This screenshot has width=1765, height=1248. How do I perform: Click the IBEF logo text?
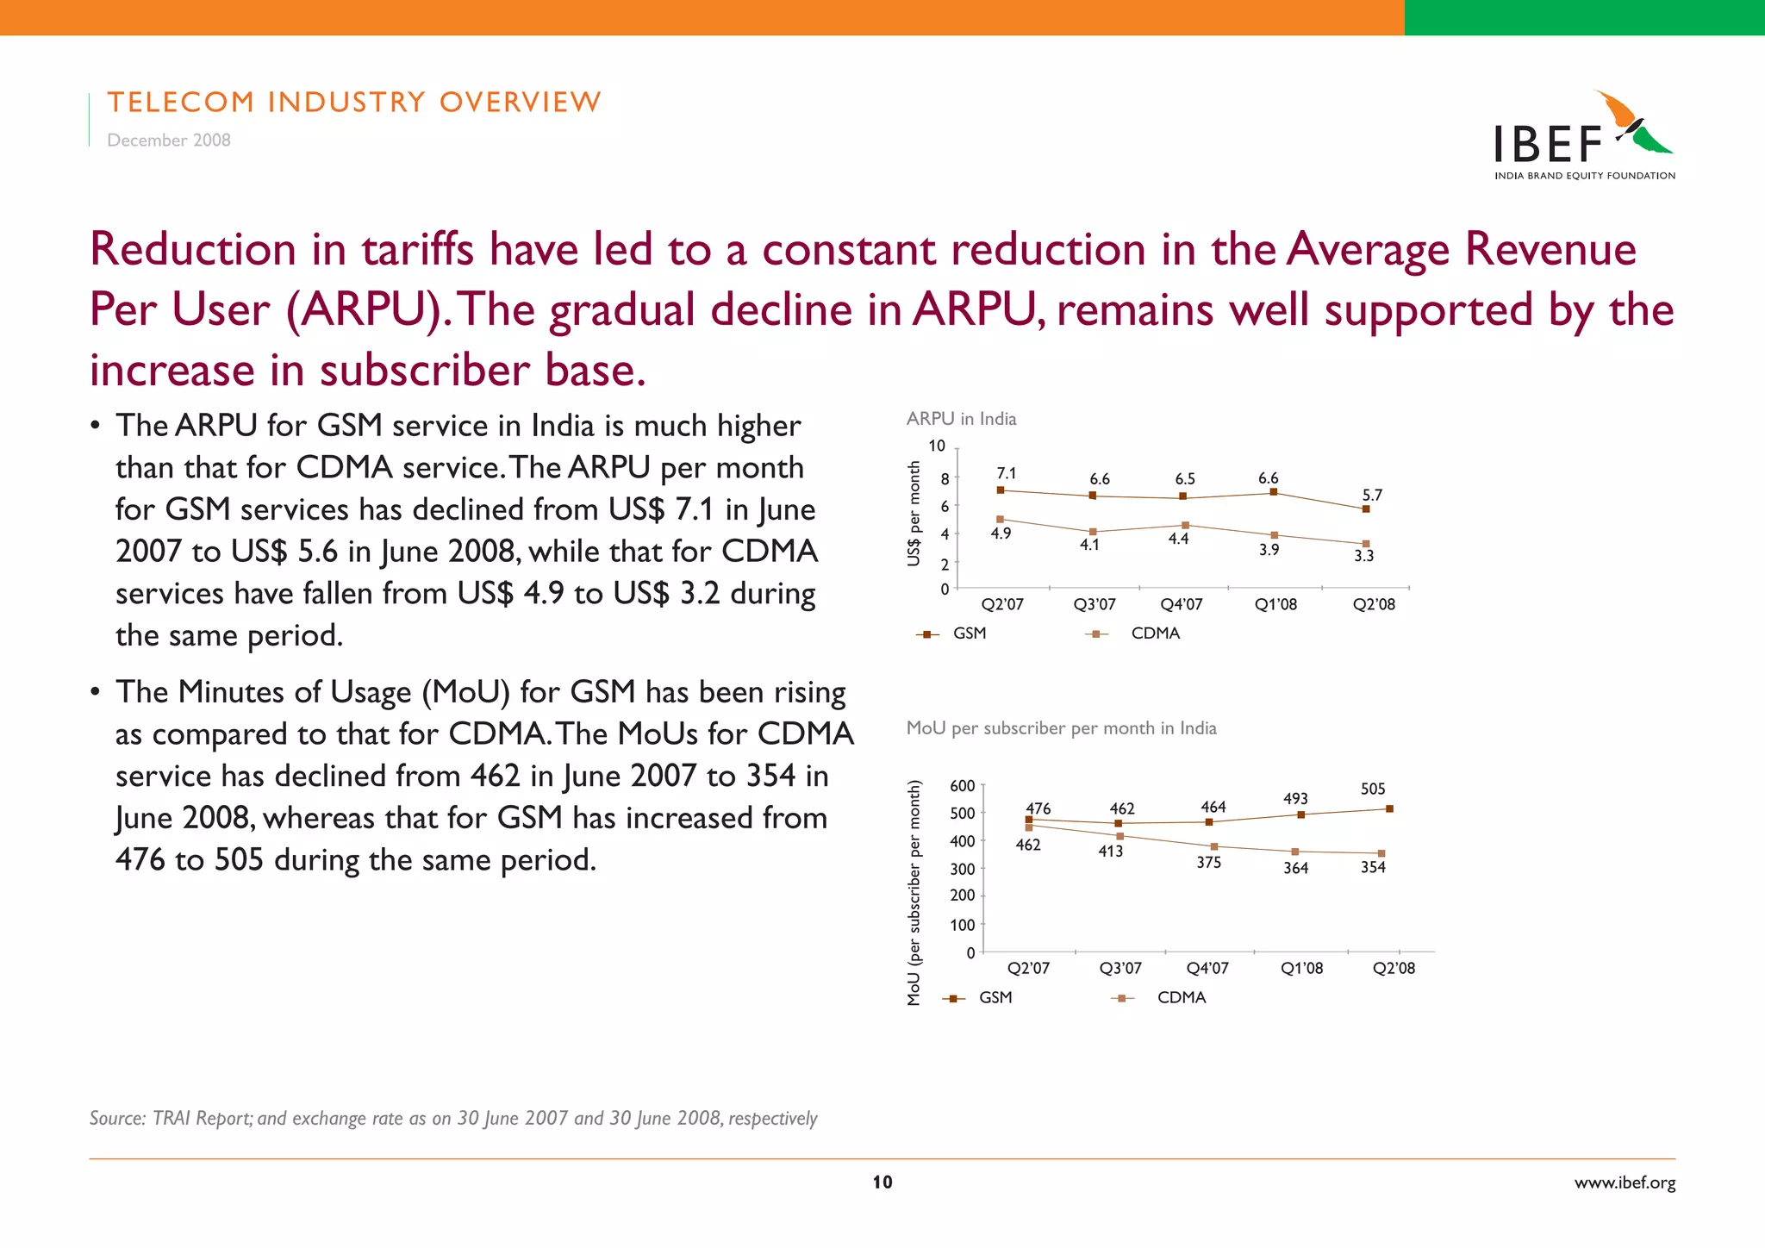tap(1548, 144)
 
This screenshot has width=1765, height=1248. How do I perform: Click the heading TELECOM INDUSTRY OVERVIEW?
tap(354, 102)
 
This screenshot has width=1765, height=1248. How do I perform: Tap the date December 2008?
tap(169, 140)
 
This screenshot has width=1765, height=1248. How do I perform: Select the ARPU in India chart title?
tap(961, 419)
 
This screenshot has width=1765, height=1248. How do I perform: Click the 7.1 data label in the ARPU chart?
tap(1006, 473)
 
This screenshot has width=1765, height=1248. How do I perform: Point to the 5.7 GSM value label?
tap(1371, 495)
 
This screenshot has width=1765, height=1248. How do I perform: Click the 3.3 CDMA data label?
tap(1363, 556)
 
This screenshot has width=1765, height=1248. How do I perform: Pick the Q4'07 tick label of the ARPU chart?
tap(1181, 604)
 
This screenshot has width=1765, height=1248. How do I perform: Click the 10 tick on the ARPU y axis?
tap(936, 446)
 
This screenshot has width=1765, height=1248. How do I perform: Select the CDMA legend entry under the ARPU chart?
tap(1155, 633)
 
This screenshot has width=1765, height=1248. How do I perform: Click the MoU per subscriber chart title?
tap(1061, 728)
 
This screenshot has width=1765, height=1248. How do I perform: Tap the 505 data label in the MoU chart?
tap(1372, 789)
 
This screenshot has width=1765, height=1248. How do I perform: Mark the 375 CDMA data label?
tap(1208, 862)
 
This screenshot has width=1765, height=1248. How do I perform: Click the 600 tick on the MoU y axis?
tap(962, 786)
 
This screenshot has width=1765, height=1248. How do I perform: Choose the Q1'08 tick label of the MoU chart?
tap(1301, 968)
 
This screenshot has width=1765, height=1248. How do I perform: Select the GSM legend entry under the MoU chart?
tap(995, 997)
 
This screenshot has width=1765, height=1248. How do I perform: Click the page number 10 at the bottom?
tap(882, 1182)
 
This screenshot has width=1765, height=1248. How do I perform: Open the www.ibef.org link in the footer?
tap(1625, 1182)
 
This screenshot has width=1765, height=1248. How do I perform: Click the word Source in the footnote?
tap(116, 1119)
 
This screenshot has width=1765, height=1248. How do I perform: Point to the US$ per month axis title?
tap(914, 514)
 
